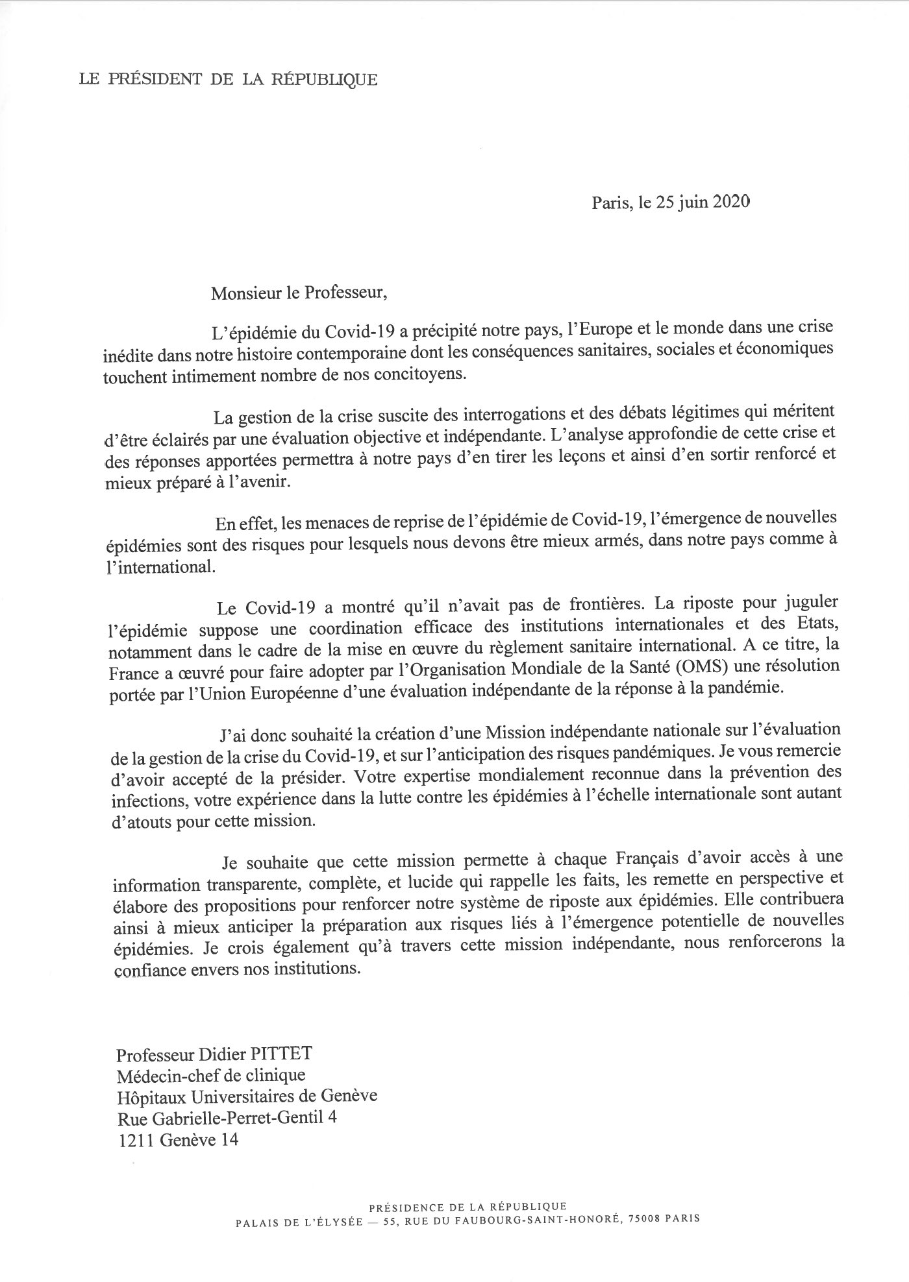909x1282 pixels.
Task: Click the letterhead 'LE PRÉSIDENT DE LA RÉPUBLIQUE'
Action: click(x=228, y=80)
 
